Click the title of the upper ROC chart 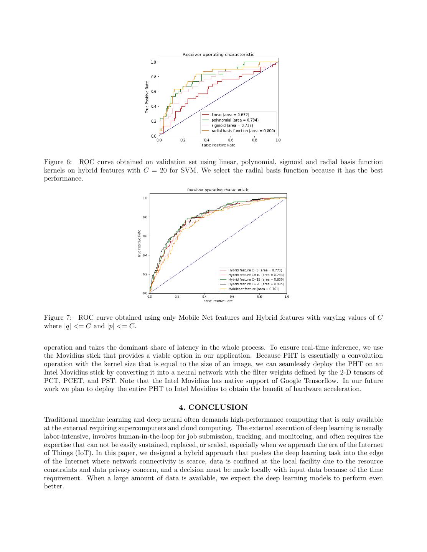point(218,54)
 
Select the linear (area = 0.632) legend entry point(230,115)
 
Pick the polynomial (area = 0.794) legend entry point(235,120)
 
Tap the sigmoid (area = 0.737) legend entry point(232,125)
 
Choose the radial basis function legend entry point(243,131)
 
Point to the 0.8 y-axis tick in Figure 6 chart point(153,77)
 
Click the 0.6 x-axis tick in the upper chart point(231,140)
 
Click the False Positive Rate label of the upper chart point(218,145)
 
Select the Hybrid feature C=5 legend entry point(255,270)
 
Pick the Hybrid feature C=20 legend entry point(256,284)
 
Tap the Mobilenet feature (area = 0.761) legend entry point(254,289)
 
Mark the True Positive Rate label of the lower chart point(139,243)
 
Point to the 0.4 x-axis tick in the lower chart point(204,297)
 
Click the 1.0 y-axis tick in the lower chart point(145,198)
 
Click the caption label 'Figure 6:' point(58,162)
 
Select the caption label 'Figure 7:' point(58,318)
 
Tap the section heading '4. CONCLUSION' point(213,407)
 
